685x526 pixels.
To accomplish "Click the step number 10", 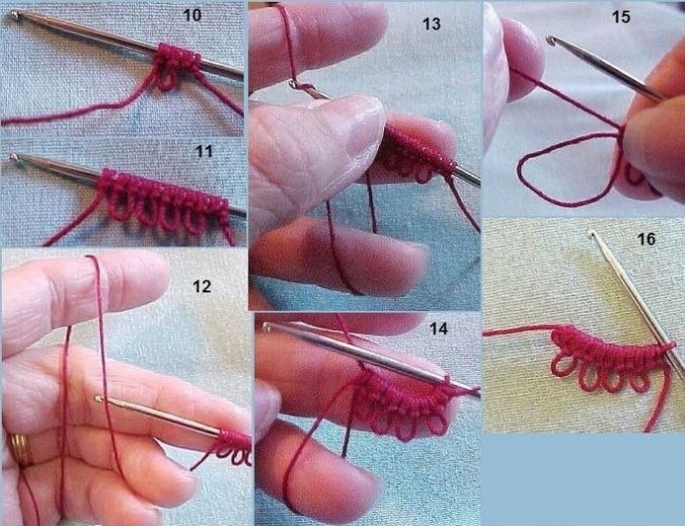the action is coord(193,15).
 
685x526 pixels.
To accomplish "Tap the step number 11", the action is coord(205,151).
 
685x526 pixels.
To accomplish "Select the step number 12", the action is coord(202,286).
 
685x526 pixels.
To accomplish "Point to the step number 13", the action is coord(431,24).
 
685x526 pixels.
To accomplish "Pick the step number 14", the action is coord(438,329).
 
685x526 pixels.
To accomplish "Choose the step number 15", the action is coord(621,17).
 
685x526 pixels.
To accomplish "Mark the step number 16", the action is coord(646,239).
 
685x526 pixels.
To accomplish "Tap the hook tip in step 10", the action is coord(15,15).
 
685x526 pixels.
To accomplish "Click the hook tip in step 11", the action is coord(15,157).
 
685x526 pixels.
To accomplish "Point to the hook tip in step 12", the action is coord(98,399).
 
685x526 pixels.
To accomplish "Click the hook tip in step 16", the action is coord(592,234).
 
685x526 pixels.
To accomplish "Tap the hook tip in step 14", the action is coord(267,326).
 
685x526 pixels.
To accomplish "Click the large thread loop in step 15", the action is coord(520,175).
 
